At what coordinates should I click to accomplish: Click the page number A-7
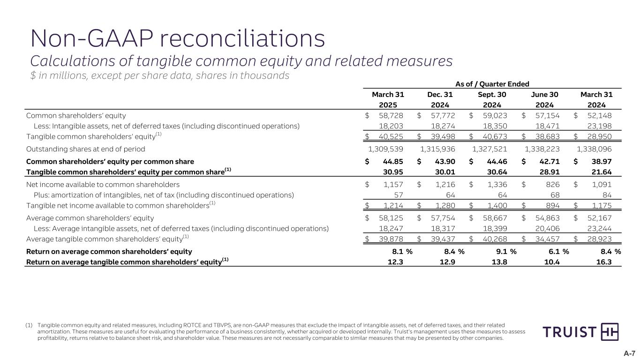[629, 353]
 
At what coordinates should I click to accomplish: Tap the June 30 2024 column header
[544, 100]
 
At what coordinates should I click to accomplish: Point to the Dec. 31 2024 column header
[440, 100]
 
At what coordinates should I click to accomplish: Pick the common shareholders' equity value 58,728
[391, 115]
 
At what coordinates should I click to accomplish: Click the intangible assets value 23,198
[599, 126]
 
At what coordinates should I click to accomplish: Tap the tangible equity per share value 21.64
[602, 172]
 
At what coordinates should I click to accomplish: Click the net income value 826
[551, 185]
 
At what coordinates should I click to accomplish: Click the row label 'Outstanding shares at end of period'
[86, 149]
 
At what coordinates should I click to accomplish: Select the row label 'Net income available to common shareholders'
[103, 185]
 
